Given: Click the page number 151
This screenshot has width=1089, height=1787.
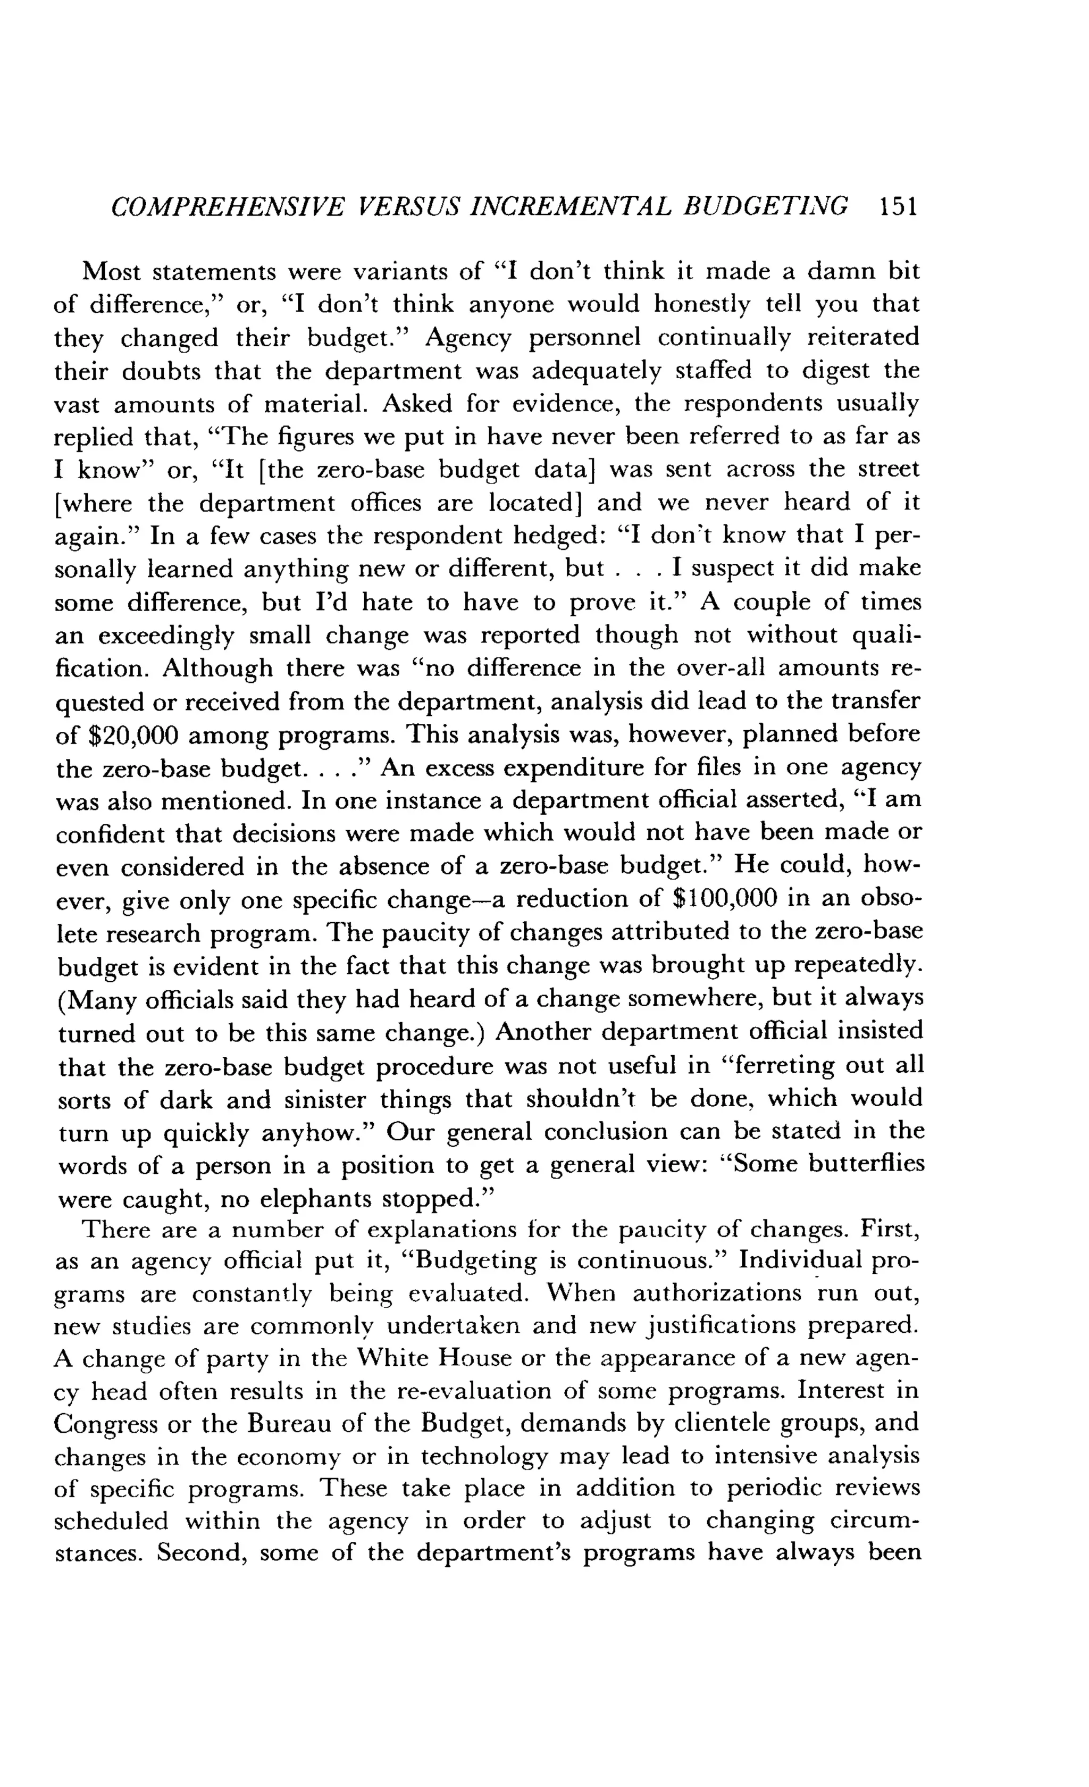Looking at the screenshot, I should pyautogui.click(x=898, y=207).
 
